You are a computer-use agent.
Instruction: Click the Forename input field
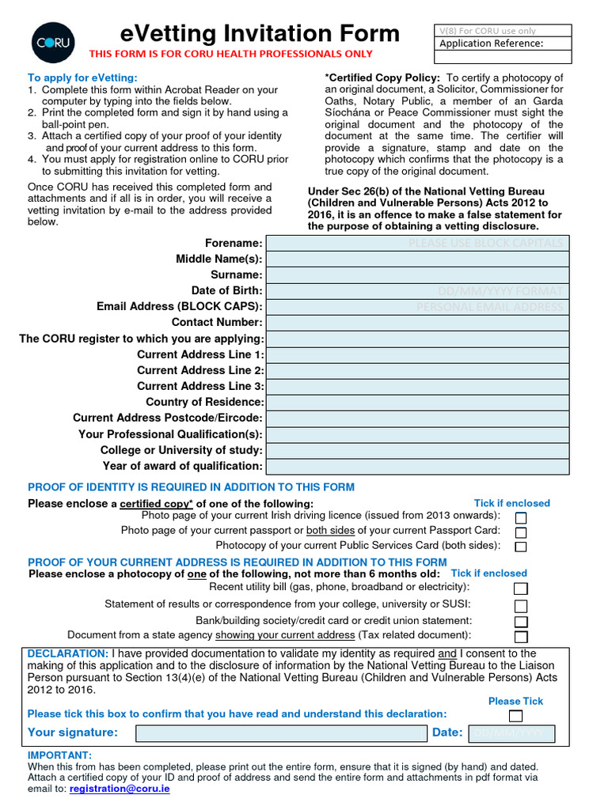pyautogui.click(x=417, y=243)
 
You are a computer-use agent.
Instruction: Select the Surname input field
pyautogui.click(x=417, y=274)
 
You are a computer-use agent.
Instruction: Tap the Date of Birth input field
pyautogui.click(x=417, y=291)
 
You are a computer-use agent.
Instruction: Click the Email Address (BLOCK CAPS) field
pyautogui.click(x=417, y=307)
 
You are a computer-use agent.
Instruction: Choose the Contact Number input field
pyautogui.click(x=417, y=323)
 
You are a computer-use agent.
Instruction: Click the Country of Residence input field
pyautogui.click(x=417, y=403)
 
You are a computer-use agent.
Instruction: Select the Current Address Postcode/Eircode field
pyautogui.click(x=417, y=418)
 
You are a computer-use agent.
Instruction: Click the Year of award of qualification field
pyautogui.click(x=417, y=466)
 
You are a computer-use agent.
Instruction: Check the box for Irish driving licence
pyautogui.click(x=521, y=517)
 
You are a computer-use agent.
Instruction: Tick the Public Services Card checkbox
pyautogui.click(x=521, y=547)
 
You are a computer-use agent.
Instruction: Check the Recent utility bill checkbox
pyautogui.click(x=521, y=589)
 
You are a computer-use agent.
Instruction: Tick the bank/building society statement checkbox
pyautogui.click(x=521, y=622)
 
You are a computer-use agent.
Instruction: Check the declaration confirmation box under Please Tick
pyautogui.click(x=515, y=717)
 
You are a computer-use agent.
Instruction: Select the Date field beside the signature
pyautogui.click(x=511, y=733)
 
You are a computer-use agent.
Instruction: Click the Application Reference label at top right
pyautogui.click(x=491, y=44)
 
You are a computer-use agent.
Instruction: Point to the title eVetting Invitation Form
pyautogui.click(x=260, y=33)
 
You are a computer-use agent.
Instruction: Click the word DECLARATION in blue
pyautogui.click(x=67, y=653)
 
